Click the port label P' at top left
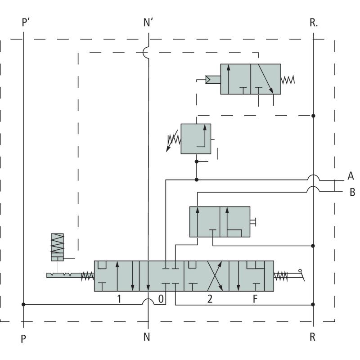pos(26,22)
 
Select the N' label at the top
pos(148,22)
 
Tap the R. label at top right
pos(314,22)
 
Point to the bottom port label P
pos(23,339)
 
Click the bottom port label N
pos(147,337)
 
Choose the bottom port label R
pos(312,337)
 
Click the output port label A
pos(351,176)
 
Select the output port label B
pos(352,192)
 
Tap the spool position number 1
pos(119,299)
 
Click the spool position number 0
pos(161,299)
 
